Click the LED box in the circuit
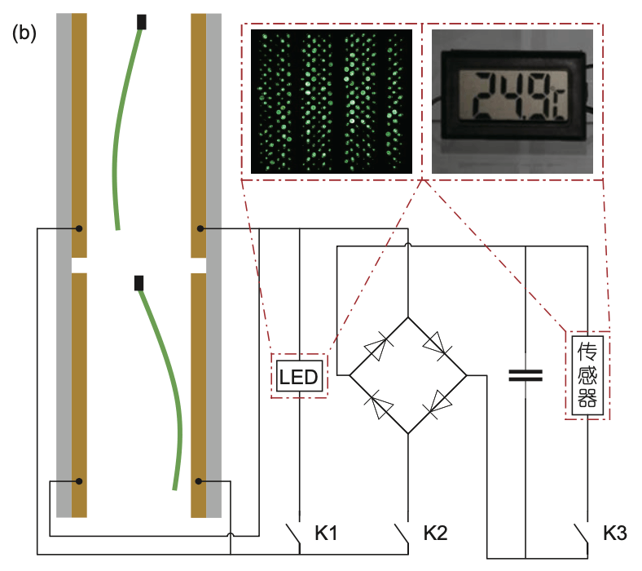[299, 377]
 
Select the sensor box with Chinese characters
[587, 376]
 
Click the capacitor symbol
[525, 375]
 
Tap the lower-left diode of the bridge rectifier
[380, 405]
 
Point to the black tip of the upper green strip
[143, 22]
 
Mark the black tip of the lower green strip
[139, 283]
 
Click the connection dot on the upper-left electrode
[79, 228]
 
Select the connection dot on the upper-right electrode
[199, 229]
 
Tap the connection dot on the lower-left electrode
[79, 481]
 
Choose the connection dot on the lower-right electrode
[199, 481]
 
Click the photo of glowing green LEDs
[332, 101]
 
